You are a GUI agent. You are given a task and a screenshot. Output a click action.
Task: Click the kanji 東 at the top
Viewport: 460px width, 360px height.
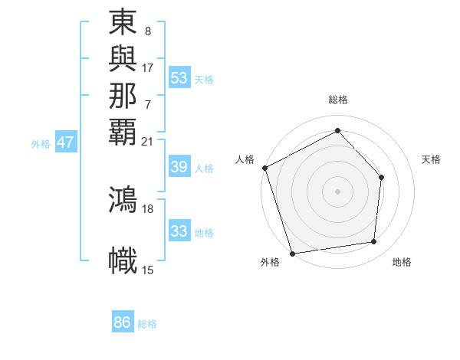(x=123, y=23)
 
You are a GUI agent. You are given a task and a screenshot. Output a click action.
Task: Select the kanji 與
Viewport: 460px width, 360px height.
(x=123, y=60)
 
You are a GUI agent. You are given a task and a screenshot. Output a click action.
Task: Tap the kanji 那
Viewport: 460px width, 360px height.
(x=123, y=95)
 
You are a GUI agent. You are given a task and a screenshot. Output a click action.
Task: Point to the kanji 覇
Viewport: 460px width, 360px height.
(x=123, y=130)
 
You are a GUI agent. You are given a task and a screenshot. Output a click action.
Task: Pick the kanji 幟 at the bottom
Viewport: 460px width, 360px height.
(x=123, y=260)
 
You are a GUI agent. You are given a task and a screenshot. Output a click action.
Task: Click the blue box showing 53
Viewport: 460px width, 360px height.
(x=179, y=78)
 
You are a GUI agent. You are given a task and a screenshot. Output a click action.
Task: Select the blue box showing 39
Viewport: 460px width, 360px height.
(x=179, y=168)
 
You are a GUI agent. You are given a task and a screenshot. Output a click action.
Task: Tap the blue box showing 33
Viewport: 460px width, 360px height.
(x=179, y=231)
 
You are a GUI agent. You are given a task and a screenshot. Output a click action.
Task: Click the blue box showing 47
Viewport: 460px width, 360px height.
(x=66, y=142)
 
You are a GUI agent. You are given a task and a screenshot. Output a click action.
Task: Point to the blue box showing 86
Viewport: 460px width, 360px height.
(x=123, y=322)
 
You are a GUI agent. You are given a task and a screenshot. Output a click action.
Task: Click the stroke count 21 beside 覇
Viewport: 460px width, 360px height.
(x=148, y=141)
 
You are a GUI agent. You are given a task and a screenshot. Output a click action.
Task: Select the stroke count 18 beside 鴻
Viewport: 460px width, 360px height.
(x=148, y=208)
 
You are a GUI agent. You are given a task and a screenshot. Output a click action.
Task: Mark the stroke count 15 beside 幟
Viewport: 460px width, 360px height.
(x=148, y=270)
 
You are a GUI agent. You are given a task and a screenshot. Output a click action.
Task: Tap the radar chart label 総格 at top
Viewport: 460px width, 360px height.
(x=338, y=100)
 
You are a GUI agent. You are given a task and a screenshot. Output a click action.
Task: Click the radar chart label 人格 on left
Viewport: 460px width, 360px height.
(x=245, y=159)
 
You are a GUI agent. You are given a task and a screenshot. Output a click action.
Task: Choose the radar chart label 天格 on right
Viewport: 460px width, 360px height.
(x=431, y=159)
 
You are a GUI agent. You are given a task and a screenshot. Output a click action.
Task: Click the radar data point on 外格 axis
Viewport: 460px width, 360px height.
(x=293, y=253)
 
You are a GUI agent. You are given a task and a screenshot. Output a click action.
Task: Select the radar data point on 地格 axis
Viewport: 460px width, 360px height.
(x=374, y=242)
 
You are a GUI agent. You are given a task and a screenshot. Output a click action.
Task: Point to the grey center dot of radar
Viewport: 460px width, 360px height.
(x=337, y=191)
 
